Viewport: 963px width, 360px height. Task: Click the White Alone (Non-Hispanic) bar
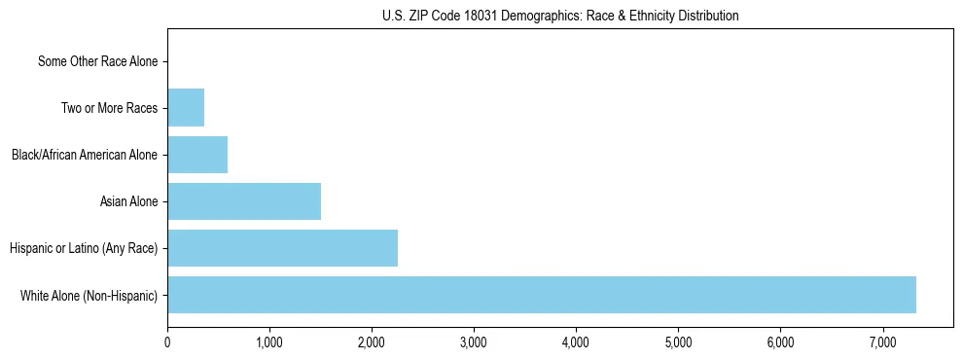pyautogui.click(x=541, y=295)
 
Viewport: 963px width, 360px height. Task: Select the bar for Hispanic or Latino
pyautogui.click(x=282, y=248)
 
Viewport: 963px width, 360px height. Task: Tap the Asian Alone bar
pyautogui.click(x=244, y=201)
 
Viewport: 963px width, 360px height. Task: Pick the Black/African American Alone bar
pyautogui.click(x=197, y=155)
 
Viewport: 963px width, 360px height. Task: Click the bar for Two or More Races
pyautogui.click(x=186, y=108)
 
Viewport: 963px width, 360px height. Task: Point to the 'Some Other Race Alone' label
pyautogui.click(x=97, y=62)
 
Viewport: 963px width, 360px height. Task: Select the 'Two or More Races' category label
pyautogui.click(x=109, y=108)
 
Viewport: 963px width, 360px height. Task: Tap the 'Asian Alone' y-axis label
pyautogui.click(x=128, y=201)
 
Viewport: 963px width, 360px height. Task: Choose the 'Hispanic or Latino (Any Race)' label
pyautogui.click(x=84, y=248)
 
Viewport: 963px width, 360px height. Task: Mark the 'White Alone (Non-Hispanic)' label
pyautogui.click(x=89, y=295)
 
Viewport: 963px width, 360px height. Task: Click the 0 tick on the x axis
pyautogui.click(x=167, y=342)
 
